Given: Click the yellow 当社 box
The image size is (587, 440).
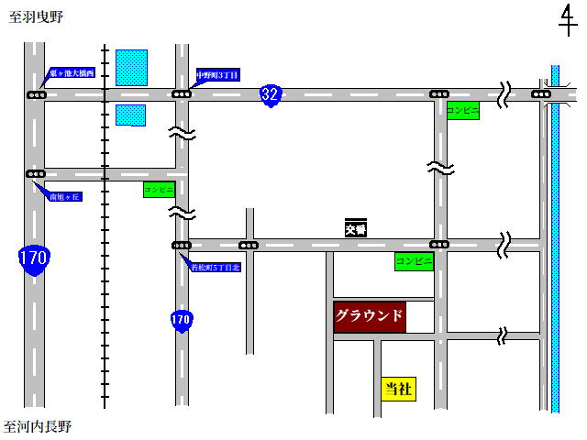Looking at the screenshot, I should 397,389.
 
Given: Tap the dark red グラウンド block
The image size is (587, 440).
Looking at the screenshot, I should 369,317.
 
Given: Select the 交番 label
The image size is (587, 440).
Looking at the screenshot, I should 356,230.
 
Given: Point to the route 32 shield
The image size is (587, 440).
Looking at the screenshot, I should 270,94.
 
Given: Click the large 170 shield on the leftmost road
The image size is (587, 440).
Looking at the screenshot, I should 33,258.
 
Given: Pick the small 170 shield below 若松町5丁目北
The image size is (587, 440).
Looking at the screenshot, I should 182,321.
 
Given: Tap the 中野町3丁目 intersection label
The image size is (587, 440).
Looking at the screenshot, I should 217,75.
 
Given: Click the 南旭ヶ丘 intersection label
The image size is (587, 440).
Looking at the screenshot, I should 64,197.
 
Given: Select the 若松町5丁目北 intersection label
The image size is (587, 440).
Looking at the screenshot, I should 215,268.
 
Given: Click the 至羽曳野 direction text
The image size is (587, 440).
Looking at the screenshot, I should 36,17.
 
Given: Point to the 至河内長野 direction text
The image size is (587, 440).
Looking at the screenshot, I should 38,426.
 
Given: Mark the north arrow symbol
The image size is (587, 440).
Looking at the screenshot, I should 568,20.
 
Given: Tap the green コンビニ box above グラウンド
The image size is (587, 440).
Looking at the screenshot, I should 414,261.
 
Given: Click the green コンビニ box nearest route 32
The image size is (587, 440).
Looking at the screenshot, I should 462,109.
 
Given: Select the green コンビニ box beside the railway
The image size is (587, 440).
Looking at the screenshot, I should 159,190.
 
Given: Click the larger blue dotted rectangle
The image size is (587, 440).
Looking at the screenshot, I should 131,68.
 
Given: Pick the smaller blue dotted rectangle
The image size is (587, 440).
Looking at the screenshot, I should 130,115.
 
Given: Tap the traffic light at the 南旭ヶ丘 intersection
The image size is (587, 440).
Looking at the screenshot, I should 36,173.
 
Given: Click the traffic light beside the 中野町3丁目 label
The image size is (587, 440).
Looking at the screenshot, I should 182,93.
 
